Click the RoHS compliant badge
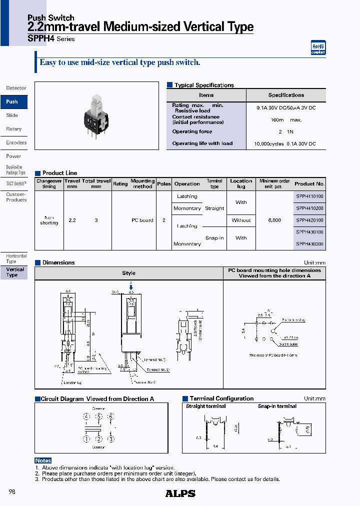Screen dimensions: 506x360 (318, 47)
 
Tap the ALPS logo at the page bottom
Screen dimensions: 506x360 (180, 493)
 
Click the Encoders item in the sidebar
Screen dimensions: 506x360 (16, 143)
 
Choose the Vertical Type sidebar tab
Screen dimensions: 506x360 (15, 272)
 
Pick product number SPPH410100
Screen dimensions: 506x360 (309, 196)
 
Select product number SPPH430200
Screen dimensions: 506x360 (309, 244)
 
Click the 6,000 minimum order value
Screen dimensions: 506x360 (274, 220)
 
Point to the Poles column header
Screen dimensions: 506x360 (164, 184)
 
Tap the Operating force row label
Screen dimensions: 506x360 (192, 131)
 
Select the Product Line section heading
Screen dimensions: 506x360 (59, 173)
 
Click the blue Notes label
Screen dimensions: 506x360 (43, 460)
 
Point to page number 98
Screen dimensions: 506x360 (12, 492)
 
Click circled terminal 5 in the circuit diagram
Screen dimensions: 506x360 (99, 416)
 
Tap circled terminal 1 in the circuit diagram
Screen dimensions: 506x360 (86, 439)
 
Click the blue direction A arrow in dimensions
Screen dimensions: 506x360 (131, 286)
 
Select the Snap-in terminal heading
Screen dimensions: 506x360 (277, 406)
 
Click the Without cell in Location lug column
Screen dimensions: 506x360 (241, 220)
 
